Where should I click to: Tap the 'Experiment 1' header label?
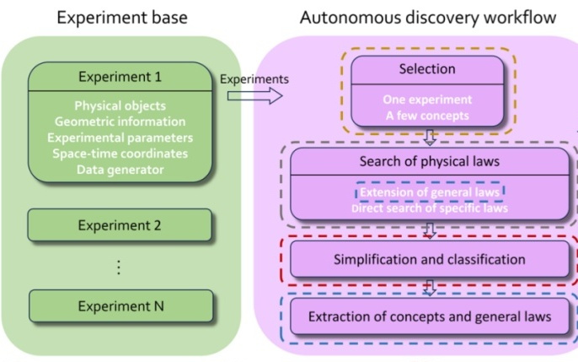[x=118, y=76]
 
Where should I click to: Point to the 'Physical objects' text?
[x=119, y=107]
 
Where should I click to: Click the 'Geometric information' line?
[x=119, y=122]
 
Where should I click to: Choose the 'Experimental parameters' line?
[x=119, y=138]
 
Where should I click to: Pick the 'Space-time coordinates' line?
[x=119, y=154]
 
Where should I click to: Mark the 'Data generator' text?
[x=119, y=169]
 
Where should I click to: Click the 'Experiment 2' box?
[x=119, y=225]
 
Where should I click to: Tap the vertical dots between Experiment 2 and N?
[x=119, y=267]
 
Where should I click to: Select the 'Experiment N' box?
[x=119, y=305]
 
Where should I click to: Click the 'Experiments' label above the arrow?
[x=254, y=79]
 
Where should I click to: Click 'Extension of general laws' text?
[x=430, y=192]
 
